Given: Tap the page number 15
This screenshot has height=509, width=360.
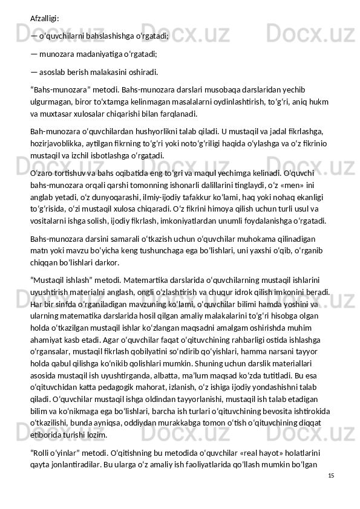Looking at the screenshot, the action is pos(330,476).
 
